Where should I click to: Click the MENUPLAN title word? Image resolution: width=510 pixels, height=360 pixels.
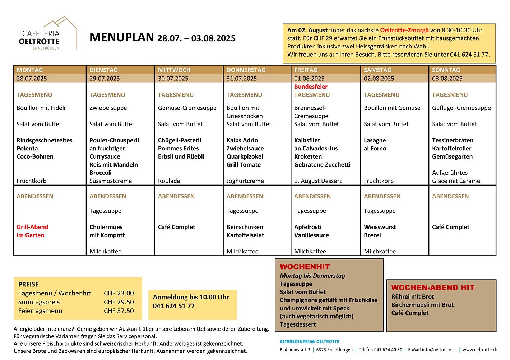coord(121,37)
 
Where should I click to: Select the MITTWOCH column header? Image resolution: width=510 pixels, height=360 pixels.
coord(174,70)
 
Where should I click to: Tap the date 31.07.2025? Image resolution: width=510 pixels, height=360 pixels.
coord(242,79)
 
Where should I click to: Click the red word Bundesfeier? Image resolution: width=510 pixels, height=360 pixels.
coord(311,87)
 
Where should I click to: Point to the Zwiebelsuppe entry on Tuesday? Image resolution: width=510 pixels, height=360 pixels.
coord(108,108)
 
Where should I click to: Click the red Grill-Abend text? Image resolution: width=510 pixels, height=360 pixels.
coord(32,227)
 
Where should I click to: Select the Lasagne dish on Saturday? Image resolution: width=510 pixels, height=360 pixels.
coord(375,140)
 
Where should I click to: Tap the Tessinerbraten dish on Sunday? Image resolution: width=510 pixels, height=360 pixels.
coord(453,140)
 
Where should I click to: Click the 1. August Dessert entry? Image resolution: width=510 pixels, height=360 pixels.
coord(318,181)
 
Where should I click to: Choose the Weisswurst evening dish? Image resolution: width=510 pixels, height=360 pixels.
coord(380,227)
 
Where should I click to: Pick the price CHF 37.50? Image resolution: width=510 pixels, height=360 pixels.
coord(119,311)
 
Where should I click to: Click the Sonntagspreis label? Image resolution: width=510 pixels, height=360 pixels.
coord(39,302)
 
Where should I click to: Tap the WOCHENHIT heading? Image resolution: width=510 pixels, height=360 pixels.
coord(305,267)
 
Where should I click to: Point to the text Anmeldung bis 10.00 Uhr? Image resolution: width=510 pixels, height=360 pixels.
coord(191,297)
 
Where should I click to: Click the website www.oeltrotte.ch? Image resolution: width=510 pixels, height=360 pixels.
coord(480,350)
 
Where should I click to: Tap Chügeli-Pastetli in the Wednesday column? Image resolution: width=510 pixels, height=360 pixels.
coord(180,140)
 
